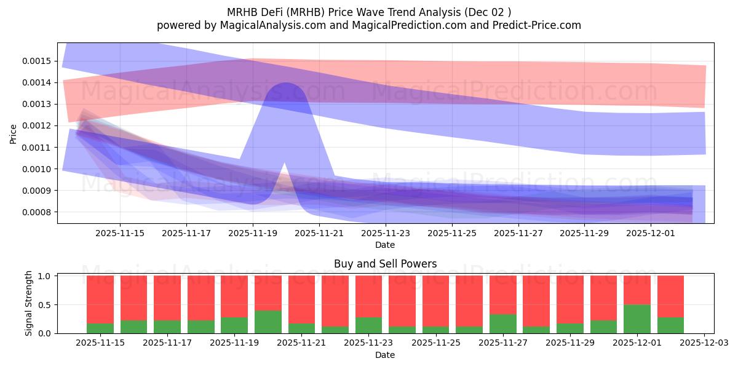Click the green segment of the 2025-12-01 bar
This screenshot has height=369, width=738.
(x=637, y=319)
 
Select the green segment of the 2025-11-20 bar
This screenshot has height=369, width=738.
(x=268, y=322)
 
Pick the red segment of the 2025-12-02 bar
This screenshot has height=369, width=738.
(x=670, y=296)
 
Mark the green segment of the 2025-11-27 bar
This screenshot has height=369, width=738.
(x=502, y=323)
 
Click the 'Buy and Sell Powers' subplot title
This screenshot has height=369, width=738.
(x=385, y=264)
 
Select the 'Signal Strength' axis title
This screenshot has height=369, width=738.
(x=29, y=303)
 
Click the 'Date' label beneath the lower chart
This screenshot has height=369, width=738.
(x=385, y=355)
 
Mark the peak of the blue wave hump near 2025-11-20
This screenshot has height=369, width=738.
(x=285, y=83)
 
